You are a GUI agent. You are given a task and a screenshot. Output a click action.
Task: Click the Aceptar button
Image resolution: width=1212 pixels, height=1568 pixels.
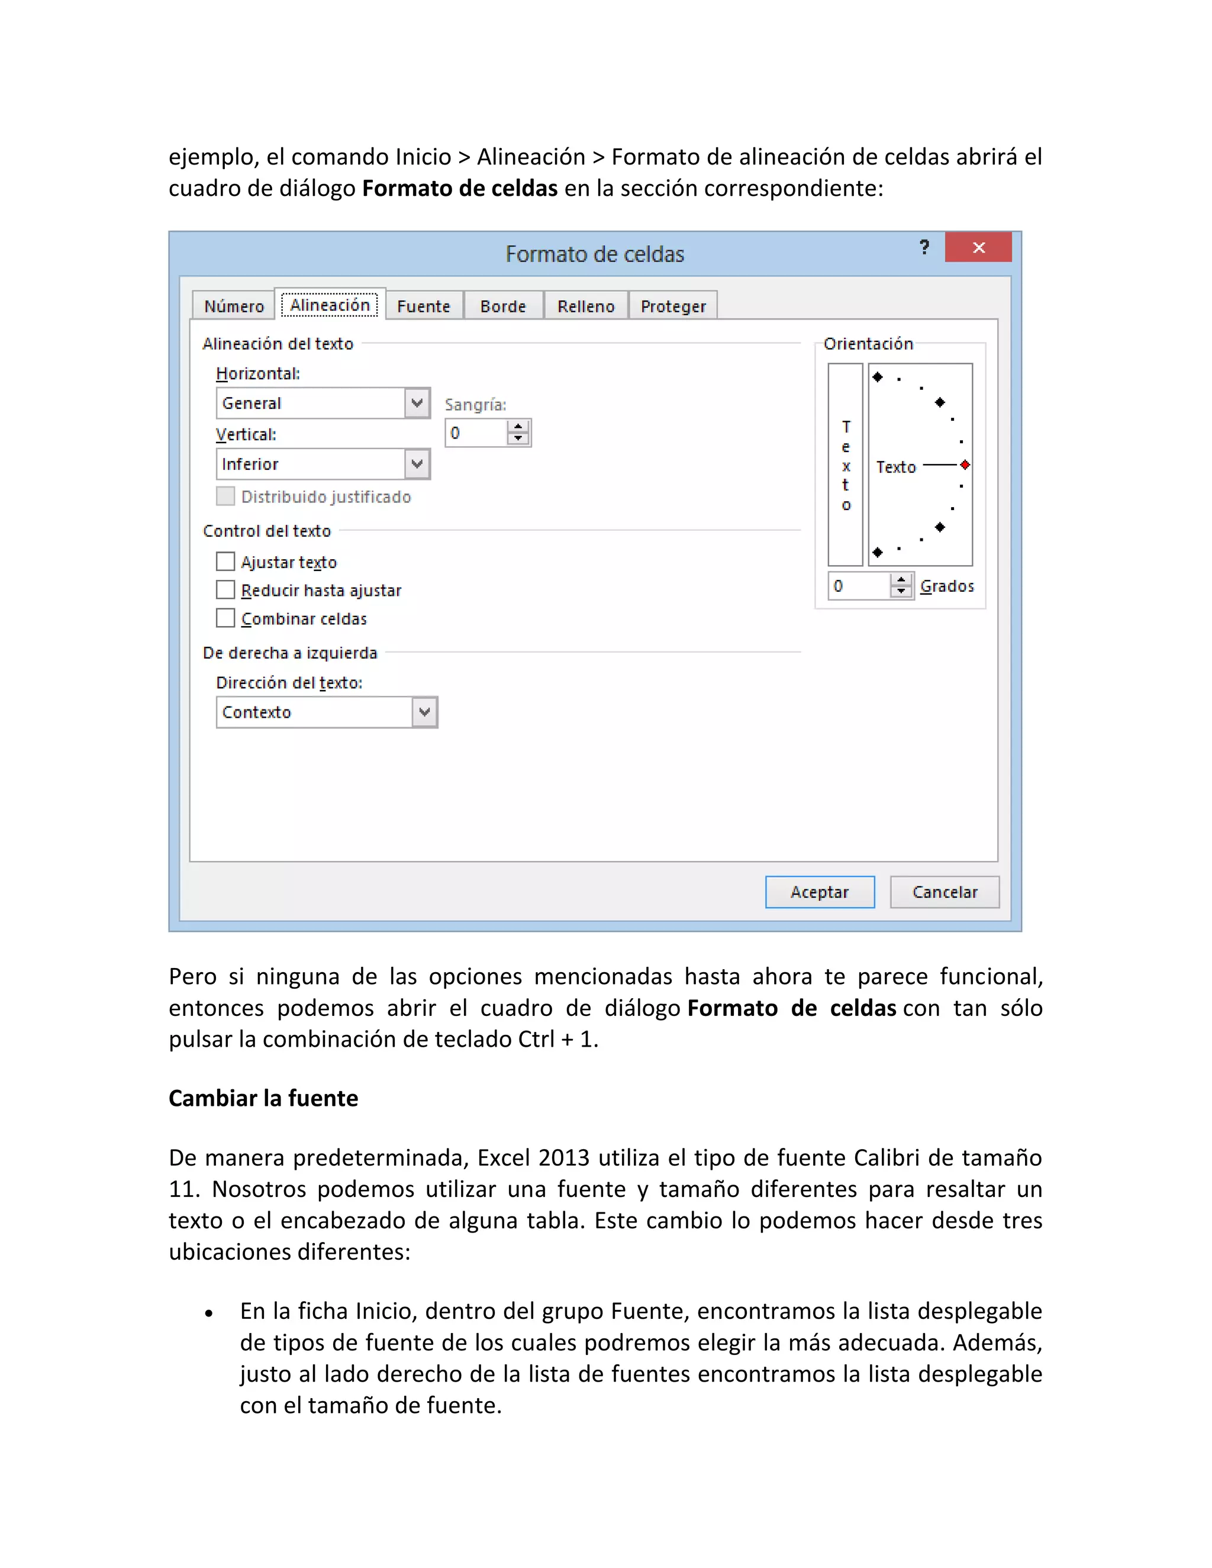[x=819, y=892]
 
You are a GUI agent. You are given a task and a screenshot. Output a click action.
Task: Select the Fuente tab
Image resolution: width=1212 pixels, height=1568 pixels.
[x=424, y=306]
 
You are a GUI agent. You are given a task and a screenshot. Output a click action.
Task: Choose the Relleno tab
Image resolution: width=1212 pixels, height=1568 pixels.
[x=586, y=306]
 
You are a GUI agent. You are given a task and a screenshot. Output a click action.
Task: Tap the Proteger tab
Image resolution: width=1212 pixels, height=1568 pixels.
[x=673, y=306]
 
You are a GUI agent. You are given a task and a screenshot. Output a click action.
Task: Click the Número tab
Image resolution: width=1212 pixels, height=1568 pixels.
[x=234, y=306]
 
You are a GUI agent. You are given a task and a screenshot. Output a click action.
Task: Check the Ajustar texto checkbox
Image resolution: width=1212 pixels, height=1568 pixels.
[x=225, y=561]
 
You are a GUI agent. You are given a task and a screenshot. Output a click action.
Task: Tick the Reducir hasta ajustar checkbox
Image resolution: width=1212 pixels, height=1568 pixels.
[x=225, y=589]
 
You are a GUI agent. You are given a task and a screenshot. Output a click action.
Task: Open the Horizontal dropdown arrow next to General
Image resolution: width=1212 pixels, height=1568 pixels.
[x=417, y=403]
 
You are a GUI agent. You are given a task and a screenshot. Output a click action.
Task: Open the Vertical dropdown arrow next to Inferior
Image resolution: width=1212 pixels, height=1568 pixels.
[x=417, y=464]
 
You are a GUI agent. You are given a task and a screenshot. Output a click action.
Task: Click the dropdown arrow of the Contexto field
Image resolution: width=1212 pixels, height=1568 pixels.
[x=424, y=712]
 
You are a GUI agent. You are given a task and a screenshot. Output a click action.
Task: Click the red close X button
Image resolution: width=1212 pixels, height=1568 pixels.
[x=978, y=248]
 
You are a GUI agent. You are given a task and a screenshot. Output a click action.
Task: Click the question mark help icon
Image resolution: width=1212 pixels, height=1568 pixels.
[x=924, y=248]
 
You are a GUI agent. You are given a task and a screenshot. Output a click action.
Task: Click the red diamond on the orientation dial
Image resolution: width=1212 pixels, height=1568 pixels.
[x=965, y=465]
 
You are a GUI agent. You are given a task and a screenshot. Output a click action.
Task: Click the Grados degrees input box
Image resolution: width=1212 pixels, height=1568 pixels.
[x=859, y=586]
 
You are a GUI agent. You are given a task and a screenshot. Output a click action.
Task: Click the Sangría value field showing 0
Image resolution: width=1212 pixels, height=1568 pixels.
[x=475, y=433]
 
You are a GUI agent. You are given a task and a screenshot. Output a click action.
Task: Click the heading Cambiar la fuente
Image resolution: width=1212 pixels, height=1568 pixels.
[x=263, y=1098]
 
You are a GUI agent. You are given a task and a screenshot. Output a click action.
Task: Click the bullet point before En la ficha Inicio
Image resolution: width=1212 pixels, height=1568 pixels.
[x=209, y=1314]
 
